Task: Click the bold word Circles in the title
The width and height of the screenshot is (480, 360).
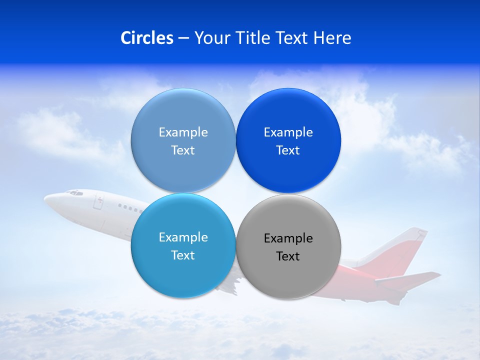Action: (147, 38)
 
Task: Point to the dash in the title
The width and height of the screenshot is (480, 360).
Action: (183, 38)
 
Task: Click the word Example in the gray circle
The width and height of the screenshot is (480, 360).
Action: (288, 238)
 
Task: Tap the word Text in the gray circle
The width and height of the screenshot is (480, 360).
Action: (288, 256)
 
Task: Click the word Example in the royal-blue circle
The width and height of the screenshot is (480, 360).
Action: (288, 132)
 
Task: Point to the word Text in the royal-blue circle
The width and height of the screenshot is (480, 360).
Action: (288, 150)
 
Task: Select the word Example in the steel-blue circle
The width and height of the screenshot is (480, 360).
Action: (183, 132)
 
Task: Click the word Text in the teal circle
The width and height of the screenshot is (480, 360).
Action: (183, 255)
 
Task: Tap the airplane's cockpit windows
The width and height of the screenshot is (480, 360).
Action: (75, 192)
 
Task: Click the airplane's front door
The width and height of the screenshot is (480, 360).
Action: (99, 202)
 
